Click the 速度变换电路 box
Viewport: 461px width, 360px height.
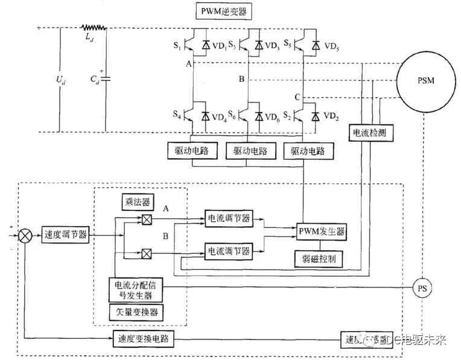click(144, 339)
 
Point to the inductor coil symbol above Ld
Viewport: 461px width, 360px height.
click(94, 27)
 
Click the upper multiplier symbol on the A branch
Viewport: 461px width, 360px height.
click(145, 219)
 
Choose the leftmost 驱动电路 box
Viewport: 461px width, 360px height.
click(191, 150)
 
